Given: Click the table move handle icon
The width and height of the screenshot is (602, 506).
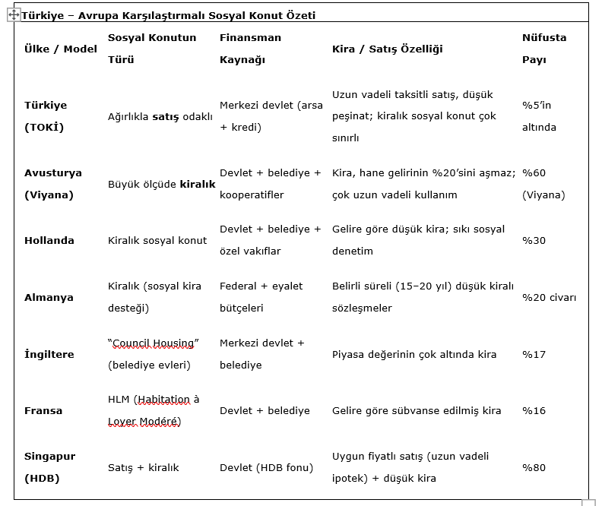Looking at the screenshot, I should pos(14,15).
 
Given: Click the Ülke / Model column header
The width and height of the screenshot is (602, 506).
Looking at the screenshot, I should pos(61,49).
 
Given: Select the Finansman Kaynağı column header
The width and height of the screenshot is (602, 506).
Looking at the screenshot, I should pos(250,49).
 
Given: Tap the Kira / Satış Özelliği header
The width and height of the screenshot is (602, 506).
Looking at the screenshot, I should pos(388,49).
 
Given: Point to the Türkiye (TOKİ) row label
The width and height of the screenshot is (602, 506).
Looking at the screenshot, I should pos(46,116).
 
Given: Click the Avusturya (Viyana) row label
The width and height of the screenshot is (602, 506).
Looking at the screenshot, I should pos(53,184).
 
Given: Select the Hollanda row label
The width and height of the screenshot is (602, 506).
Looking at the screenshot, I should pos(49,240).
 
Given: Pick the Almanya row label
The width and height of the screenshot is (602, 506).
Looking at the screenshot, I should pos(49,297).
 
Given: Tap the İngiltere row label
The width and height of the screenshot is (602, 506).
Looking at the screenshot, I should pos(49,354).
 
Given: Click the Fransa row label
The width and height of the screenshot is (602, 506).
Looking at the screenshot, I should pos(43,410).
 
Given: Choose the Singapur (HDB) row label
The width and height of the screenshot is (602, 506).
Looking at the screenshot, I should pos(49,467).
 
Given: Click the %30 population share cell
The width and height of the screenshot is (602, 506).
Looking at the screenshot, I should pos(534,240).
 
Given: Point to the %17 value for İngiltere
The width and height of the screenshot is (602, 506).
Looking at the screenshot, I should pos(534,354).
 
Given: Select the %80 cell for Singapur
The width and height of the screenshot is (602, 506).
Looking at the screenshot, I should pos(534,467).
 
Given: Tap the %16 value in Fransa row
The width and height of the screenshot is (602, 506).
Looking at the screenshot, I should pos(534,410).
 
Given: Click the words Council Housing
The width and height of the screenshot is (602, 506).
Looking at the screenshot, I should pos(154,343).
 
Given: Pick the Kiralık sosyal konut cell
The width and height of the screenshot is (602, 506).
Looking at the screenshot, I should pos(157,240).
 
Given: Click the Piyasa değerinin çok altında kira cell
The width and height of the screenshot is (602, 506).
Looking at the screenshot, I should pos(414,354).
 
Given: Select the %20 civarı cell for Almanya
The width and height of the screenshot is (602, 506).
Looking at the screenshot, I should pos(549,297).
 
